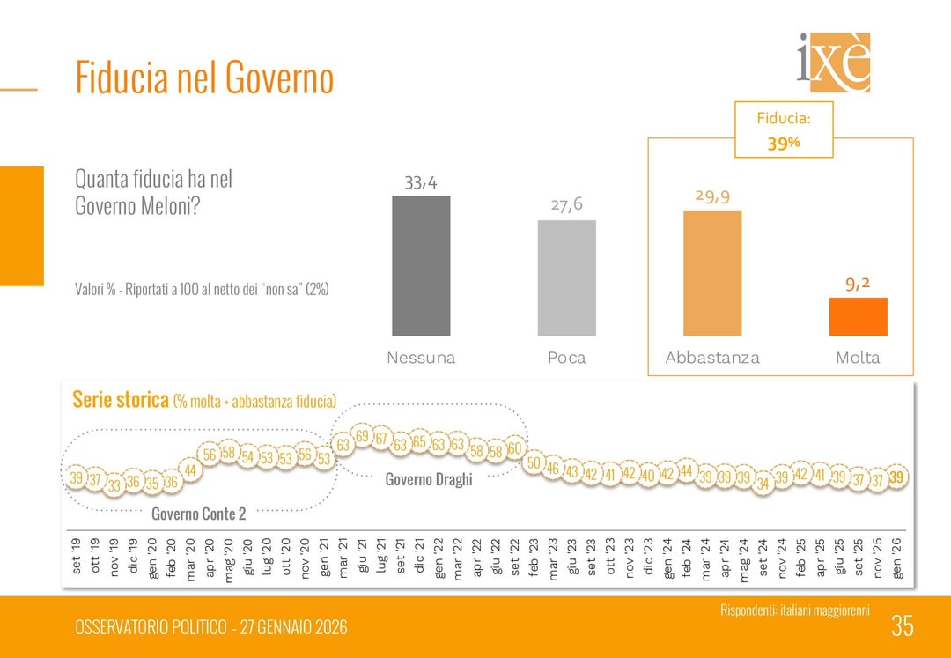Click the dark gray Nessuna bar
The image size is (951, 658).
click(421, 265)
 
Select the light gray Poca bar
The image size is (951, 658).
click(566, 277)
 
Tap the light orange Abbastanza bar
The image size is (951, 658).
click(712, 273)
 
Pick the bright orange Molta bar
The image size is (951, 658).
click(858, 316)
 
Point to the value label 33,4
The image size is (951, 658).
click(421, 183)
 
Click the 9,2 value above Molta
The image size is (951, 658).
click(858, 284)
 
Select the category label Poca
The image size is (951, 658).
click(566, 358)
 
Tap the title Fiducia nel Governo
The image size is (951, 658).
click(204, 78)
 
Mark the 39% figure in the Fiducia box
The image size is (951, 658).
click(783, 144)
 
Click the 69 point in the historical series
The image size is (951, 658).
click(362, 436)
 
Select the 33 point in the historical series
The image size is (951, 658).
click(114, 485)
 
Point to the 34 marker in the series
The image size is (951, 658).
click(763, 484)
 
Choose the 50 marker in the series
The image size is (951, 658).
click(534, 463)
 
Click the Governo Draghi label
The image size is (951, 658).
click(429, 480)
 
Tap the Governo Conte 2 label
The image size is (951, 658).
click(198, 514)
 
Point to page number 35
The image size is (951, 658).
click(902, 626)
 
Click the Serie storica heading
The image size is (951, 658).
click(120, 400)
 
